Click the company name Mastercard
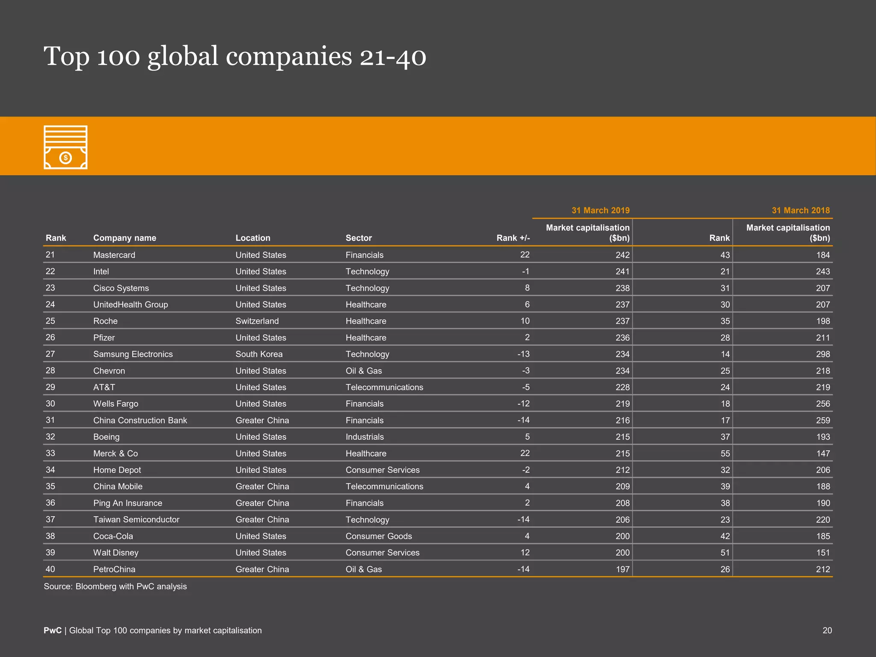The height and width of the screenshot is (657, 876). coord(114,255)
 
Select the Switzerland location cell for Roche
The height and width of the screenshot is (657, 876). coord(257,321)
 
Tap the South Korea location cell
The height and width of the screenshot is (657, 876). coord(259,354)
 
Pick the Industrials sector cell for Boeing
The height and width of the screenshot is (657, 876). coord(364,437)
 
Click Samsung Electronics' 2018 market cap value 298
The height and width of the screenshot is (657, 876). coord(823,354)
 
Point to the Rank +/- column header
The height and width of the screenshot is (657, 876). coord(513,238)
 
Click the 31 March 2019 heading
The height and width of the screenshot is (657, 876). coord(600,210)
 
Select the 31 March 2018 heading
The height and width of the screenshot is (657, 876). coord(800,210)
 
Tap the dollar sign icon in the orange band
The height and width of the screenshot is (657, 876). coord(65,158)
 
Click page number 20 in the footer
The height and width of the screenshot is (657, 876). coord(827,630)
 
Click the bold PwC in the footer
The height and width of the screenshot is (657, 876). coord(52,630)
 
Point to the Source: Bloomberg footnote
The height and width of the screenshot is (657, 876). coord(115,586)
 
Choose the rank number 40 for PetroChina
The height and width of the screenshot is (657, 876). coord(50,569)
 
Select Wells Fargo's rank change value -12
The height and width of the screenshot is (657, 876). coord(523,404)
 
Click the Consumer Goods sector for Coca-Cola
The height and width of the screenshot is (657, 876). coord(379,536)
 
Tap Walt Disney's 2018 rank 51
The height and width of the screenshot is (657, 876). coord(725,553)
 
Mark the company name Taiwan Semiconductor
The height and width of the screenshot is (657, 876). coord(136,519)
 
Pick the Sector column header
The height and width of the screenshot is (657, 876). coord(358,238)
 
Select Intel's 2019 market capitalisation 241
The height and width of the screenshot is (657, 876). coord(622,272)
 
